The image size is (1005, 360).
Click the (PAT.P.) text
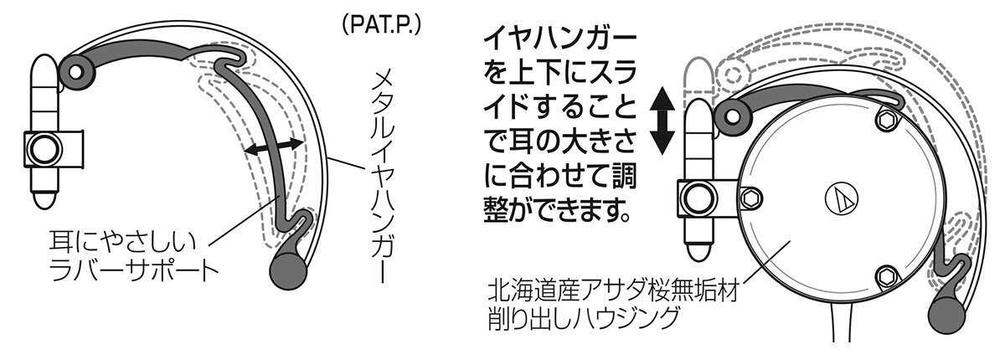click(380, 26)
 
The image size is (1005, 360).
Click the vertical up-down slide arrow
click(662, 121)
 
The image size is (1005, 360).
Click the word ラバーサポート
click(133, 270)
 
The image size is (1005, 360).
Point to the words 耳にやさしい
click(122, 242)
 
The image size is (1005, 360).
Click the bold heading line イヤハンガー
click(560, 40)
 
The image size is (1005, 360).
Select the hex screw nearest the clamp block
click(750, 199)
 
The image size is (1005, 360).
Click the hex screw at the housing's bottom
click(887, 276)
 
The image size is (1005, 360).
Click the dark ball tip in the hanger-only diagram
click(288, 270)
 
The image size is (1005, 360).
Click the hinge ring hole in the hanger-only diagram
click(76, 71)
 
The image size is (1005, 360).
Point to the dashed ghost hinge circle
click(733, 75)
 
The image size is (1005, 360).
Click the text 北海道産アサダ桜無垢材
click(613, 291)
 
